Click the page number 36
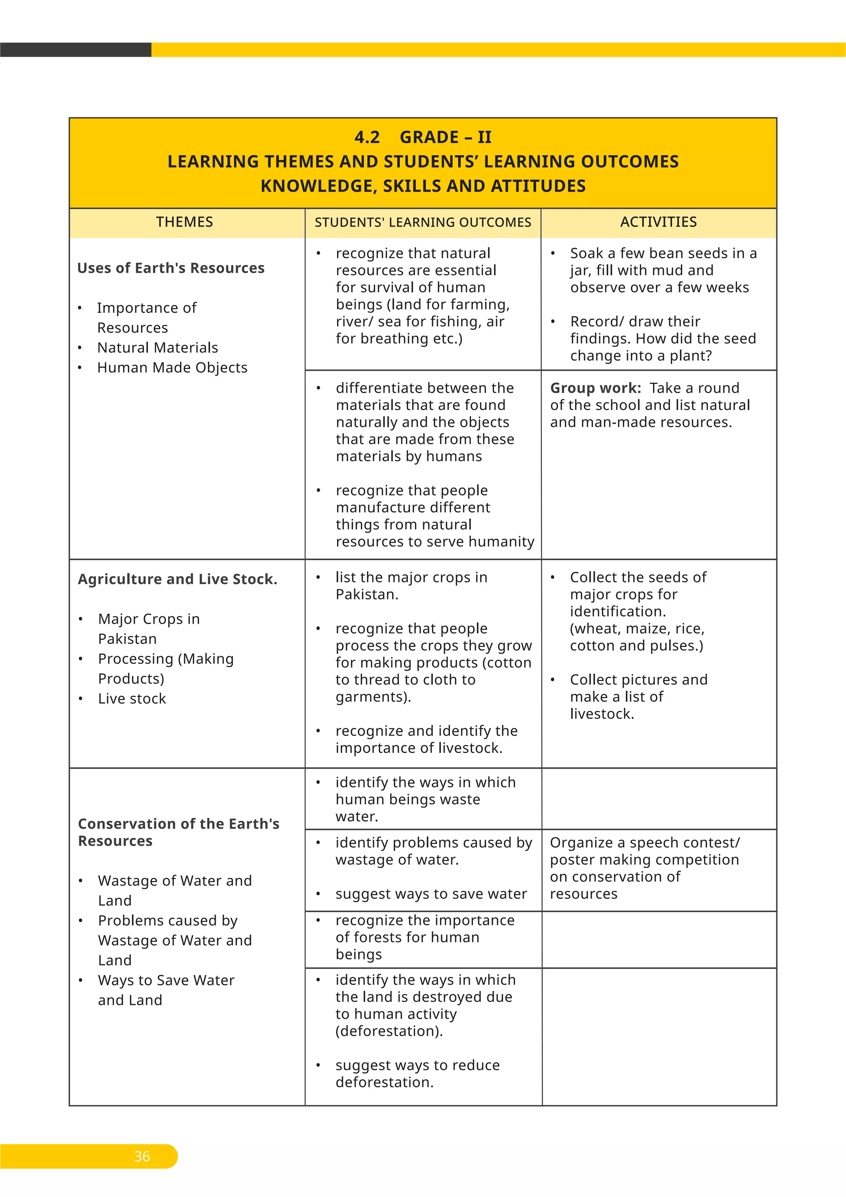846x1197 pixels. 142,1156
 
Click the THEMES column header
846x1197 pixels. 184,222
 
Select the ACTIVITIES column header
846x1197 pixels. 658,222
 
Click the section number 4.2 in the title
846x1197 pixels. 367,137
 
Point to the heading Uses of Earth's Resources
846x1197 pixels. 171,268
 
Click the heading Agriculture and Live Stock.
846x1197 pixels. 177,579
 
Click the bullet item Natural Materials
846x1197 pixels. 157,348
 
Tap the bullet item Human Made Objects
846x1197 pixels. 172,367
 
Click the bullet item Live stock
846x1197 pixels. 132,699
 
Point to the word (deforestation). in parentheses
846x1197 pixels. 389,1031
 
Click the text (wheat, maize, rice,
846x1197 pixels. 637,628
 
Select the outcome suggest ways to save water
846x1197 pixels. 431,894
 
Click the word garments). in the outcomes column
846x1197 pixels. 373,696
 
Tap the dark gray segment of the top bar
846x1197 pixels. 76,50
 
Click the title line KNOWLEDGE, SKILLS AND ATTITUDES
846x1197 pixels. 423,186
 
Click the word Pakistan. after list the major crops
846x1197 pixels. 367,594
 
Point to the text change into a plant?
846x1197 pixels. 641,355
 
